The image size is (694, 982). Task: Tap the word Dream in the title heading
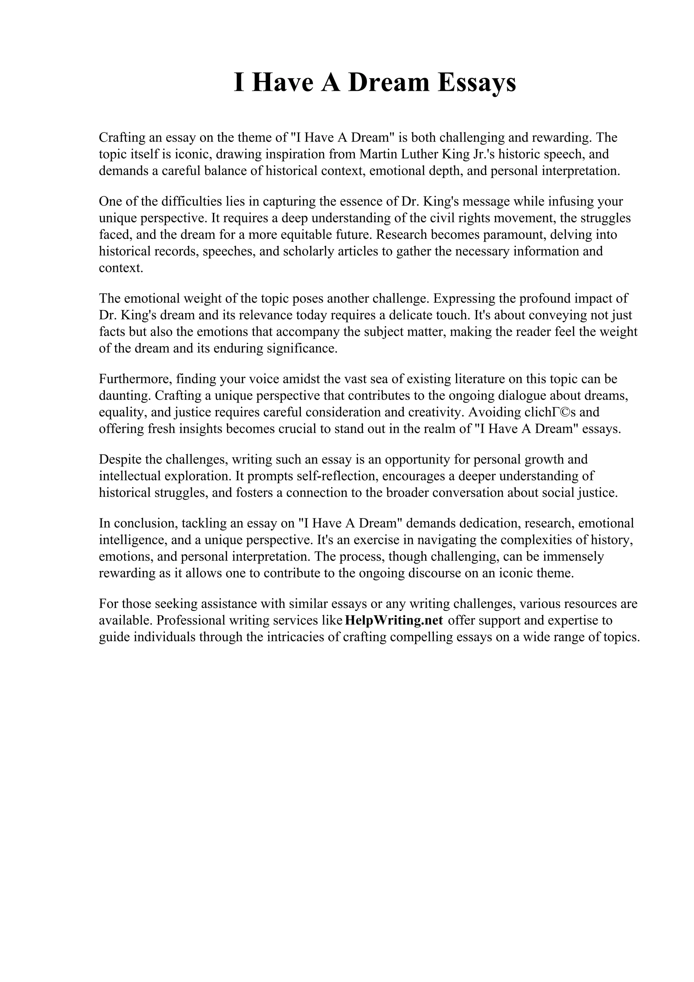pyautogui.click(x=388, y=83)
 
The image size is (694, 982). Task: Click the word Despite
pyautogui.click(x=119, y=459)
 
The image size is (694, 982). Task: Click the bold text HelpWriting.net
pyautogui.click(x=394, y=620)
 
